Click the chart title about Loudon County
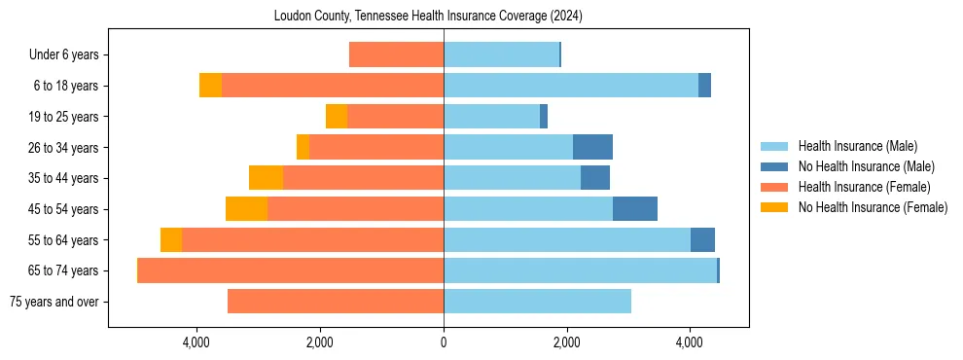pos(428,16)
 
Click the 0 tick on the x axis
pos(444,342)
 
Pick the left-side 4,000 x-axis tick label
pos(197,342)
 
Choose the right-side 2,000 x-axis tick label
pos(566,342)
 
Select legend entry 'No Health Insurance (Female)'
pos(873,207)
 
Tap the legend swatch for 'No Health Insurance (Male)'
pos(774,166)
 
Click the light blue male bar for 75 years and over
pos(537,302)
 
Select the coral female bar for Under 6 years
pos(396,55)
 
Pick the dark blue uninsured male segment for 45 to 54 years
pos(634,209)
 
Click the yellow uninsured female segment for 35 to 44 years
pos(266,178)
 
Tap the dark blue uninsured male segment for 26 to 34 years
pos(592,148)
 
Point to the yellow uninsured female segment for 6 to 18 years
pos(210,86)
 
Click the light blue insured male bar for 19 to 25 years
pos(491,117)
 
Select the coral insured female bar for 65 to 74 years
pos(291,270)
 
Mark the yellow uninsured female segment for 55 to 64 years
pos(171,240)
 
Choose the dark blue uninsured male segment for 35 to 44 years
pos(595,178)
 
